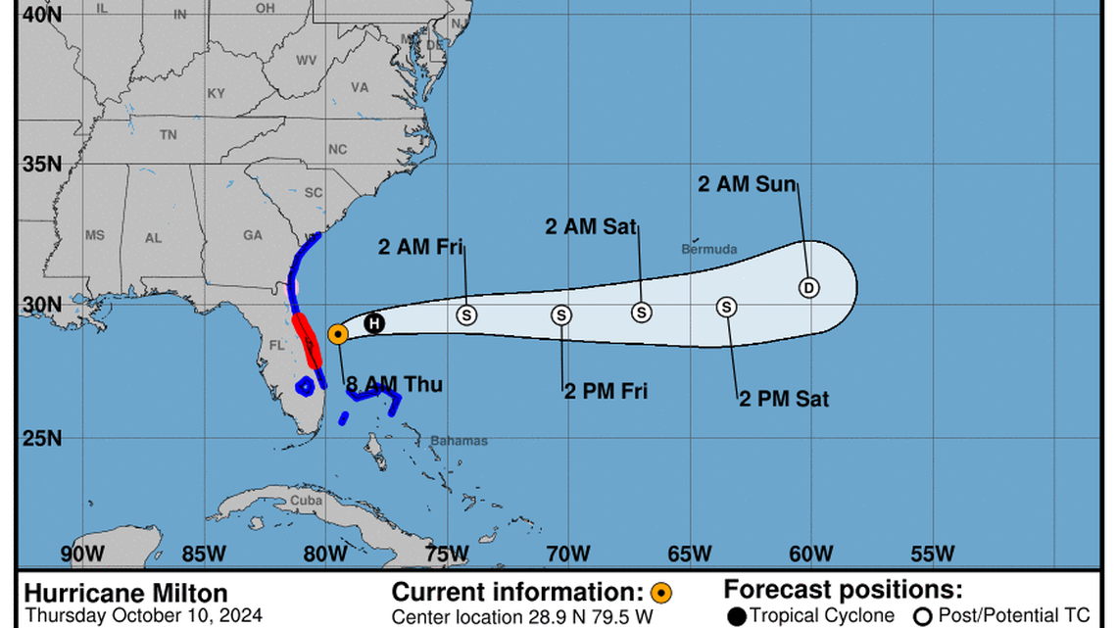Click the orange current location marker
click(337, 334)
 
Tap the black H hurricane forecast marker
click(373, 323)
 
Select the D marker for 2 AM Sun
click(808, 287)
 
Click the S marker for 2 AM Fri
click(466, 314)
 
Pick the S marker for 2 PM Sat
click(726, 307)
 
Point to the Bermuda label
click(709, 250)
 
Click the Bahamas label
click(459, 441)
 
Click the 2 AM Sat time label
click(591, 227)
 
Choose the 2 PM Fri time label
click(606, 392)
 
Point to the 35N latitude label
click(42, 163)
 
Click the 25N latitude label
click(42, 438)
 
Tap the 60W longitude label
click(812, 554)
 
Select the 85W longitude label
click(204, 554)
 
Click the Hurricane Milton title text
click(125, 594)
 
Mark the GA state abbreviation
click(253, 235)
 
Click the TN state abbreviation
click(169, 135)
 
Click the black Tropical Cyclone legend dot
click(737, 615)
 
